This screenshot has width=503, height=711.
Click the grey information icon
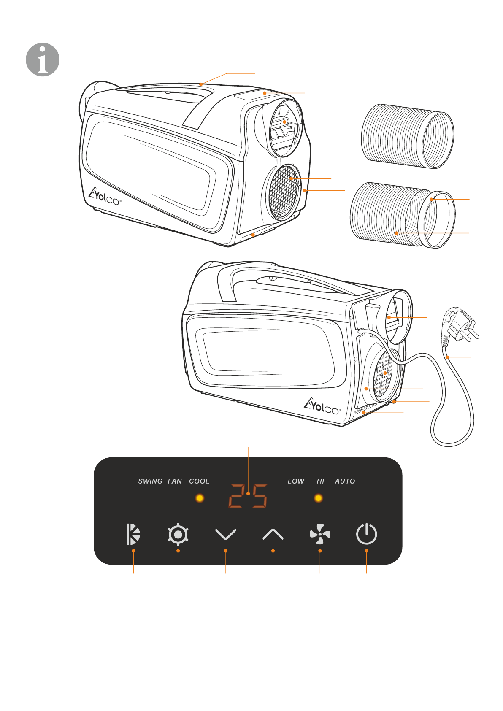[43, 59]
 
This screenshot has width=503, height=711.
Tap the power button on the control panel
[366, 534]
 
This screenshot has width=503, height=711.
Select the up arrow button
[273, 535]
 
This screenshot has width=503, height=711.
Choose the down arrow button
[226, 535]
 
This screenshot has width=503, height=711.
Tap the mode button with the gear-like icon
[178, 534]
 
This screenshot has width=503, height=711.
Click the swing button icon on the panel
[133, 534]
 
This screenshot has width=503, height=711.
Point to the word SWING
[150, 481]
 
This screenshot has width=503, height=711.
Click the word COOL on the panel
[199, 481]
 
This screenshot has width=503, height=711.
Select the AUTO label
[345, 481]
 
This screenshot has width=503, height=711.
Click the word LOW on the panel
[296, 481]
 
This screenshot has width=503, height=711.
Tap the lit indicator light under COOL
[200, 498]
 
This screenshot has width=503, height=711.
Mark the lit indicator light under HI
[319, 498]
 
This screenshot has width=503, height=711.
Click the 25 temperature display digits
[248, 496]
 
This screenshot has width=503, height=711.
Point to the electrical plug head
[460, 326]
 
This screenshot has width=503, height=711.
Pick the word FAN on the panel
[175, 481]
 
